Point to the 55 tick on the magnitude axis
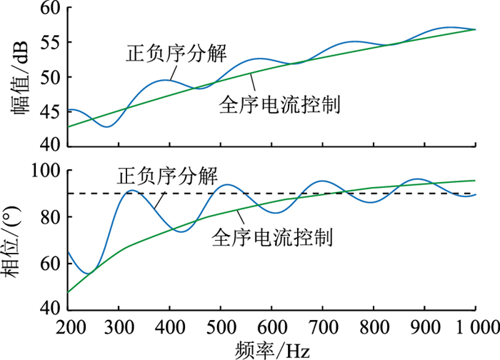pos(51,43)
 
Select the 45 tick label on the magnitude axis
pos(51,112)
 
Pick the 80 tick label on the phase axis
pos(51,217)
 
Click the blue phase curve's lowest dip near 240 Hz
pos(88,273)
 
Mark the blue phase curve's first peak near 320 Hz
pos(131,191)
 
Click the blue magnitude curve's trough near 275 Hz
pos(106,126)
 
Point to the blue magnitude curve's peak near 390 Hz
pos(166,80)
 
